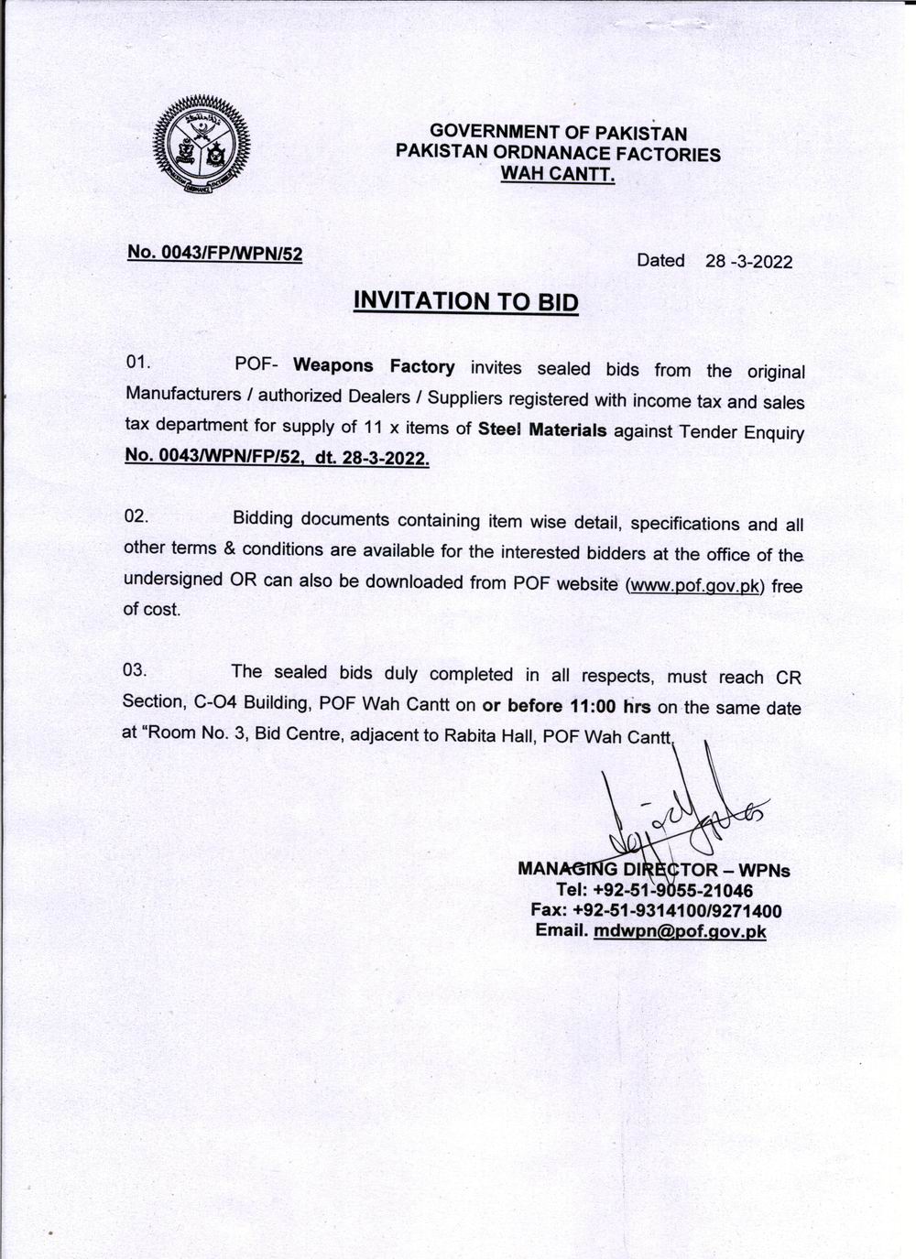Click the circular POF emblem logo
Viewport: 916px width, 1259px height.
point(202,147)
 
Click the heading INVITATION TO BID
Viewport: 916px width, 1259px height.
point(466,301)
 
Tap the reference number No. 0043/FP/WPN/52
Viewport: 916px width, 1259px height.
point(214,253)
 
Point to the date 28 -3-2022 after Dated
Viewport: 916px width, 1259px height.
point(748,261)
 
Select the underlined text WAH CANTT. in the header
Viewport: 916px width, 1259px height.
point(557,174)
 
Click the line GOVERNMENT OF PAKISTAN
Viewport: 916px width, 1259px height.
point(558,134)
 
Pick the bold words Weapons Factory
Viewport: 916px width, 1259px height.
point(374,366)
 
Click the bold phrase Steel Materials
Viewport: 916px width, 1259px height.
point(542,429)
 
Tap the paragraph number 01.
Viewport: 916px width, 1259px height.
point(138,362)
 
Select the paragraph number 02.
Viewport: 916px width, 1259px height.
point(136,516)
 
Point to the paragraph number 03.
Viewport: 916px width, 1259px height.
point(136,669)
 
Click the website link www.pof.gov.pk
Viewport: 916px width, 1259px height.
point(693,585)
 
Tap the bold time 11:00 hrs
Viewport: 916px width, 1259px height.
point(605,707)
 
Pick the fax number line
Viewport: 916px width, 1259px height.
point(656,911)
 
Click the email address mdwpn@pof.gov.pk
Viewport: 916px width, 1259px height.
point(679,931)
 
